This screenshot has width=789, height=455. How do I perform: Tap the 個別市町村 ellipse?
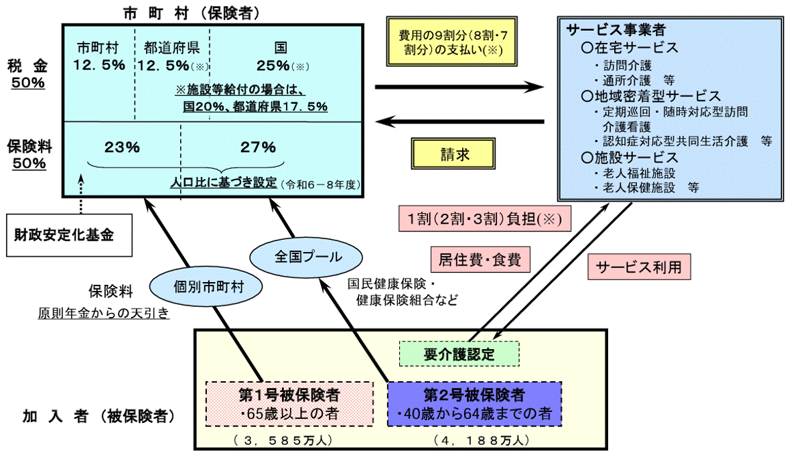pos(206,286)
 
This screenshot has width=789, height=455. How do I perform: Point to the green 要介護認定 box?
pos(459,354)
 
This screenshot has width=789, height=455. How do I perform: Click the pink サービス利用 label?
pos(638,267)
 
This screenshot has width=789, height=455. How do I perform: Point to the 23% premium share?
pos(122,147)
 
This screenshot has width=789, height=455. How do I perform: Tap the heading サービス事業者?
pos(606,31)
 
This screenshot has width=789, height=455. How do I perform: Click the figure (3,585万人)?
pos(283,440)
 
